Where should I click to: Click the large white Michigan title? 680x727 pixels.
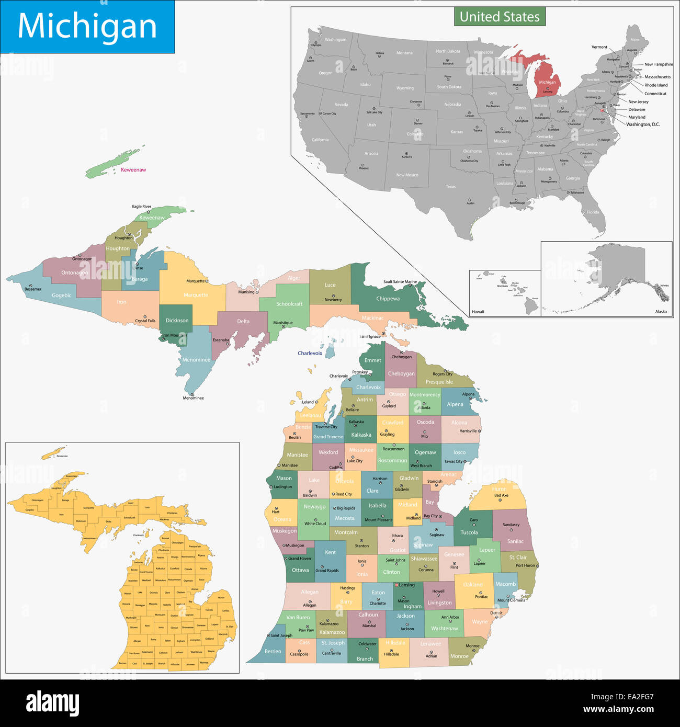[x=87, y=26]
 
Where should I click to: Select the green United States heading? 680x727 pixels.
[x=500, y=17]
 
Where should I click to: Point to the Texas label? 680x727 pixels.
[x=450, y=187]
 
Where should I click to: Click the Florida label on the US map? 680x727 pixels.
[x=593, y=212]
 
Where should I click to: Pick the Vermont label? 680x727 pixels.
[x=599, y=47]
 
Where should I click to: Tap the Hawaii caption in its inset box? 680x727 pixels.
[x=478, y=312]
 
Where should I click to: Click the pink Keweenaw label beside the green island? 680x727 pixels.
[x=133, y=170]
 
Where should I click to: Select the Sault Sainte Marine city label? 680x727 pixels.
[x=400, y=282]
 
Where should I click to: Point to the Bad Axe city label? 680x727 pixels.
[x=501, y=495]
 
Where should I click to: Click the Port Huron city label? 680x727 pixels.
[x=526, y=565]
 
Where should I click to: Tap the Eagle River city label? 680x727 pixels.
[x=141, y=207]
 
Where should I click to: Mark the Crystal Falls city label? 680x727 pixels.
[x=145, y=321]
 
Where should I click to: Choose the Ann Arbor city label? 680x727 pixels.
[x=450, y=617]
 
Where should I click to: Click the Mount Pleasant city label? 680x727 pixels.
[x=378, y=520]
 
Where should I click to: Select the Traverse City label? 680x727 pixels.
[x=326, y=427]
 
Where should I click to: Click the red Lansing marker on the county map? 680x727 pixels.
[x=396, y=585]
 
